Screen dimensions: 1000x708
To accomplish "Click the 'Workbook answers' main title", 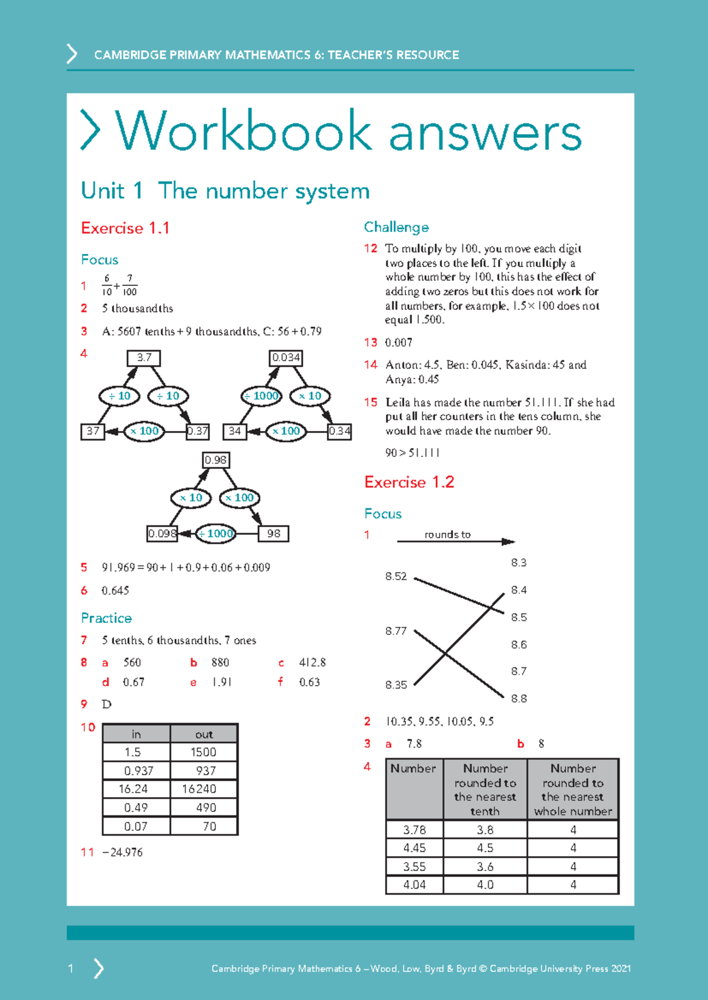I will click(x=348, y=131).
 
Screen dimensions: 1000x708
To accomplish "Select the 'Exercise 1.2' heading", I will click(x=409, y=482).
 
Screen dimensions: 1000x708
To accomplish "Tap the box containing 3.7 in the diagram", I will click(x=144, y=358).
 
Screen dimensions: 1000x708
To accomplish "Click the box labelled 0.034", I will click(x=286, y=358).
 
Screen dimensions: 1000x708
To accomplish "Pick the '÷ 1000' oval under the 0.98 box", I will click(x=216, y=534).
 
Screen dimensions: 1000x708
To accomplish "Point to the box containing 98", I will click(x=273, y=534).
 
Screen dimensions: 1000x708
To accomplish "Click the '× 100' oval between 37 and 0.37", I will click(x=145, y=431).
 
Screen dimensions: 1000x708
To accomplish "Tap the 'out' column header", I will click(x=204, y=734).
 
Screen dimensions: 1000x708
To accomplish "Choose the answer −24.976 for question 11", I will click(x=122, y=853).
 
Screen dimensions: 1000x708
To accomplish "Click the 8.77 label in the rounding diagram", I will click(x=396, y=631).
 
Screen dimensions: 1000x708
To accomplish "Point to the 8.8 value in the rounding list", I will click(x=519, y=699).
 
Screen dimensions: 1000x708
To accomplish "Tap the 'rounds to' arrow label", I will click(x=447, y=535).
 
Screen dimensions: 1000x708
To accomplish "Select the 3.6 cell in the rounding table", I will click(x=485, y=867).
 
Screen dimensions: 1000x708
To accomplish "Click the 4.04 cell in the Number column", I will click(x=414, y=885).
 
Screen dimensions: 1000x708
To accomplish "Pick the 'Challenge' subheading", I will click(x=396, y=227).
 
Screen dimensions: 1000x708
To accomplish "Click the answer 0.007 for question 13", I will click(x=398, y=343).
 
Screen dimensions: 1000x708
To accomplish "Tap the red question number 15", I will click(x=371, y=402).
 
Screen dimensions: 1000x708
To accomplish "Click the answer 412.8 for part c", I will click(x=312, y=663).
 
